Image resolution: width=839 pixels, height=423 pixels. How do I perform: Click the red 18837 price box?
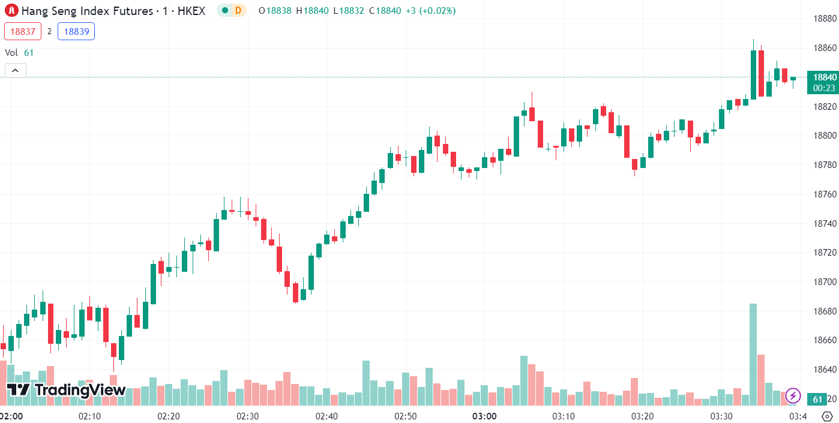(x=23, y=31)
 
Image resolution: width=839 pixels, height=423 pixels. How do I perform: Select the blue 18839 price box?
(x=76, y=31)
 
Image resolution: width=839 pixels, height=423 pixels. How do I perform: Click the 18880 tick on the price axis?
(x=825, y=19)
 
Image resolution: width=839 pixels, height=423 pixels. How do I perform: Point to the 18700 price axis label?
(x=825, y=282)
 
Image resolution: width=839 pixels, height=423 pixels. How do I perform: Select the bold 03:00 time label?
(x=484, y=416)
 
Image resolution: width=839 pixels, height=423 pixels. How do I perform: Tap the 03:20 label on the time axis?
(x=643, y=416)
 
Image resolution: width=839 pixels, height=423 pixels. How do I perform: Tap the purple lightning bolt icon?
(x=793, y=395)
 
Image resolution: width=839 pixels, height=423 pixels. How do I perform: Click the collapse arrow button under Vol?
(x=15, y=70)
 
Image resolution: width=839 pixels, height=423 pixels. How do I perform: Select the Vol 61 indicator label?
(x=19, y=52)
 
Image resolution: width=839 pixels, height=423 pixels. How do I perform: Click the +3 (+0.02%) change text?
(x=430, y=11)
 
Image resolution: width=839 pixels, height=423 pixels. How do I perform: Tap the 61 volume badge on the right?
(x=817, y=399)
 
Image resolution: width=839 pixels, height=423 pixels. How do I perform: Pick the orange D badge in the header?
(x=238, y=10)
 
